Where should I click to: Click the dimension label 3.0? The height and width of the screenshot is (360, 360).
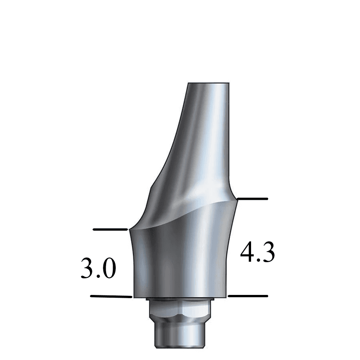(98, 268)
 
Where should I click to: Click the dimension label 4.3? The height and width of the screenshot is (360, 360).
(258, 252)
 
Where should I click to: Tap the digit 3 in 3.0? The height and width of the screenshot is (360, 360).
(88, 268)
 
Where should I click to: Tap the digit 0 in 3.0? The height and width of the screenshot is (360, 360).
(109, 268)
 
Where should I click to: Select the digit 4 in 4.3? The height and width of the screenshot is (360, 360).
(247, 252)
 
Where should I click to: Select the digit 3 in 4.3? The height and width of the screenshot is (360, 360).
(268, 252)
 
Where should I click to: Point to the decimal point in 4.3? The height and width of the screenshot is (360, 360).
(258, 260)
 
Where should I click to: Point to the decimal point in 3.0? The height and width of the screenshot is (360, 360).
(98, 276)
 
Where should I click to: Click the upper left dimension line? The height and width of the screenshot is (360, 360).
(110, 229)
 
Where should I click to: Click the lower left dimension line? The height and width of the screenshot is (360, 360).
(111, 296)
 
